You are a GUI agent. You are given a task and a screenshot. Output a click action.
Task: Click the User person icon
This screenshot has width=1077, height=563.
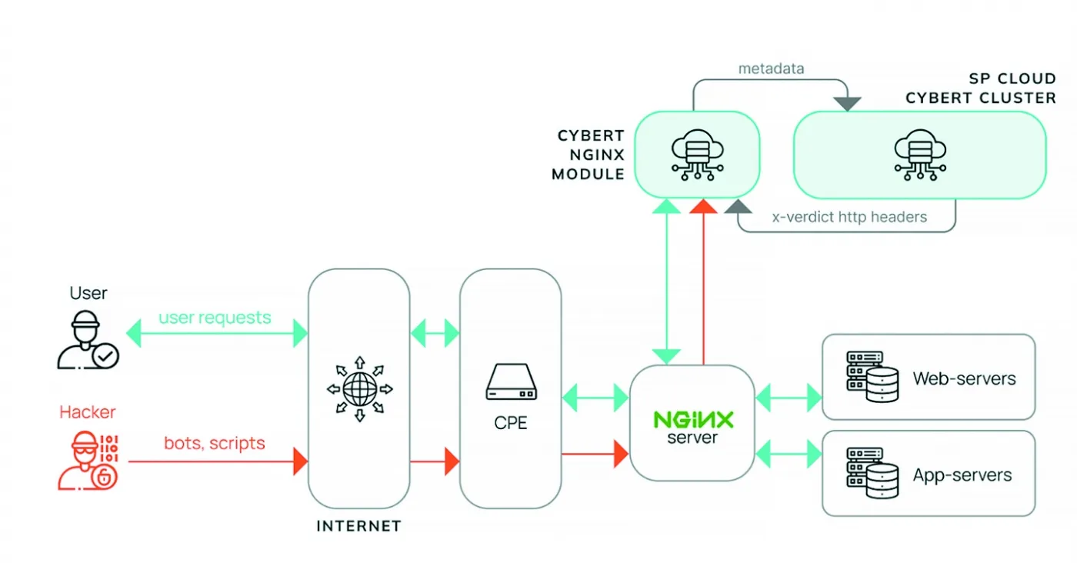tap(88, 340)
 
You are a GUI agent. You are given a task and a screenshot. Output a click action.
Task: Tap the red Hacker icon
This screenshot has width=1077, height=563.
tap(88, 461)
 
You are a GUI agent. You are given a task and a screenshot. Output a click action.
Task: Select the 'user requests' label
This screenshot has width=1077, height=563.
tap(215, 318)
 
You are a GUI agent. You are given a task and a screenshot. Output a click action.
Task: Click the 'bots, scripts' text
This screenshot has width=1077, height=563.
tap(215, 443)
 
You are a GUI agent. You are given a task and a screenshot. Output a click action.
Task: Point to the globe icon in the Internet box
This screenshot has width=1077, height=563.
tap(360, 389)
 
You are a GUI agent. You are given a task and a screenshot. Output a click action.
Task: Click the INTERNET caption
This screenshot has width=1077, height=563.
tap(358, 526)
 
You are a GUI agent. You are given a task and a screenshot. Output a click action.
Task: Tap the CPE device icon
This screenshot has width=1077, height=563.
tap(511, 381)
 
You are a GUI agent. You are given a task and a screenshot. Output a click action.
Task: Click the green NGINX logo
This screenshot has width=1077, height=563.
tap(693, 420)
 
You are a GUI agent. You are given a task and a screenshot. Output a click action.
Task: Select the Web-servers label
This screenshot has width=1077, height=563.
tap(965, 378)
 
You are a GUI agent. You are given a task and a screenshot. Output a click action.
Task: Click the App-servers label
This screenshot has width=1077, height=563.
tap(962, 475)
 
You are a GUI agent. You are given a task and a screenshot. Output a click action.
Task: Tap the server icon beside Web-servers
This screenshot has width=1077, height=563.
tap(872, 377)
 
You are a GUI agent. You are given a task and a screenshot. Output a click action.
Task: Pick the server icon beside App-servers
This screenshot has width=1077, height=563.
tap(872, 473)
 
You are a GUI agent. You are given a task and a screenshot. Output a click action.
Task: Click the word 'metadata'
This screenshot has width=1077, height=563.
tap(771, 68)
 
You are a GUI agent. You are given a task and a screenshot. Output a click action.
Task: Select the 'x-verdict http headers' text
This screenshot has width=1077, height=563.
tap(849, 217)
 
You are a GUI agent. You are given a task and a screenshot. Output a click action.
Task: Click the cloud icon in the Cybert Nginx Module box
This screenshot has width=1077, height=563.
tap(697, 155)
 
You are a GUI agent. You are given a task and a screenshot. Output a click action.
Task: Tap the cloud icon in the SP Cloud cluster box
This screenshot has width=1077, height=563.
tap(920, 155)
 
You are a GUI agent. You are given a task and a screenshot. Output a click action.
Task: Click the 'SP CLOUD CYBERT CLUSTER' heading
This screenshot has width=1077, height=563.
tap(981, 88)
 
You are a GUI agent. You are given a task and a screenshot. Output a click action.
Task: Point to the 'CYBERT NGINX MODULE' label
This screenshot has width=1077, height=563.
tap(588, 155)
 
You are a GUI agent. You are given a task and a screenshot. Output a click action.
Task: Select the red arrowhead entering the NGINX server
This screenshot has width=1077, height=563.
tap(622, 454)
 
